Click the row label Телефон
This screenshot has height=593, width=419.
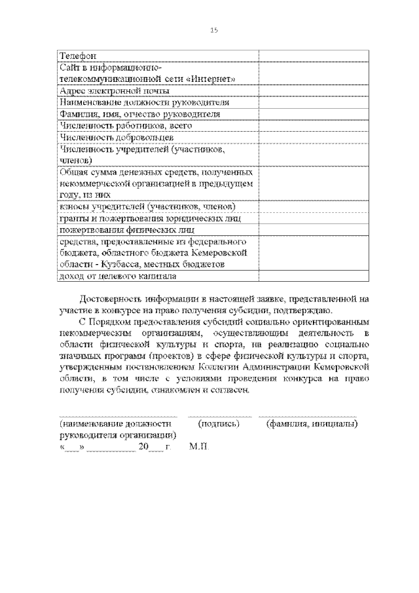pyautogui.click(x=78, y=56)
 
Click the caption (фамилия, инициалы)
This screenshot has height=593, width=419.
pyautogui.click(x=311, y=424)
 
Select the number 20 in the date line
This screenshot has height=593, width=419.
pyautogui.click(x=143, y=447)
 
